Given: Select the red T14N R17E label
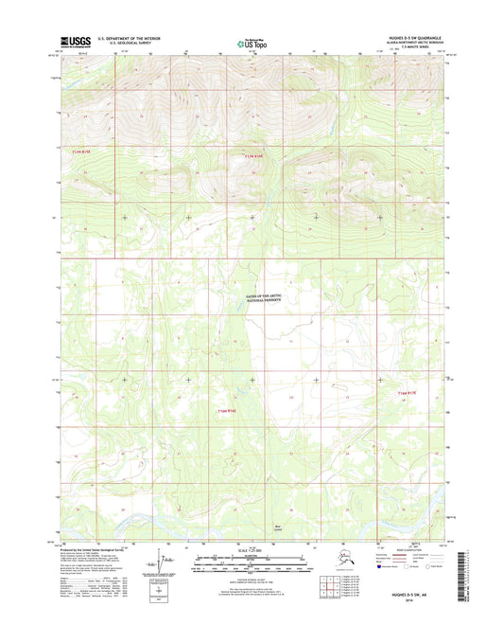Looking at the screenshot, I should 405,391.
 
